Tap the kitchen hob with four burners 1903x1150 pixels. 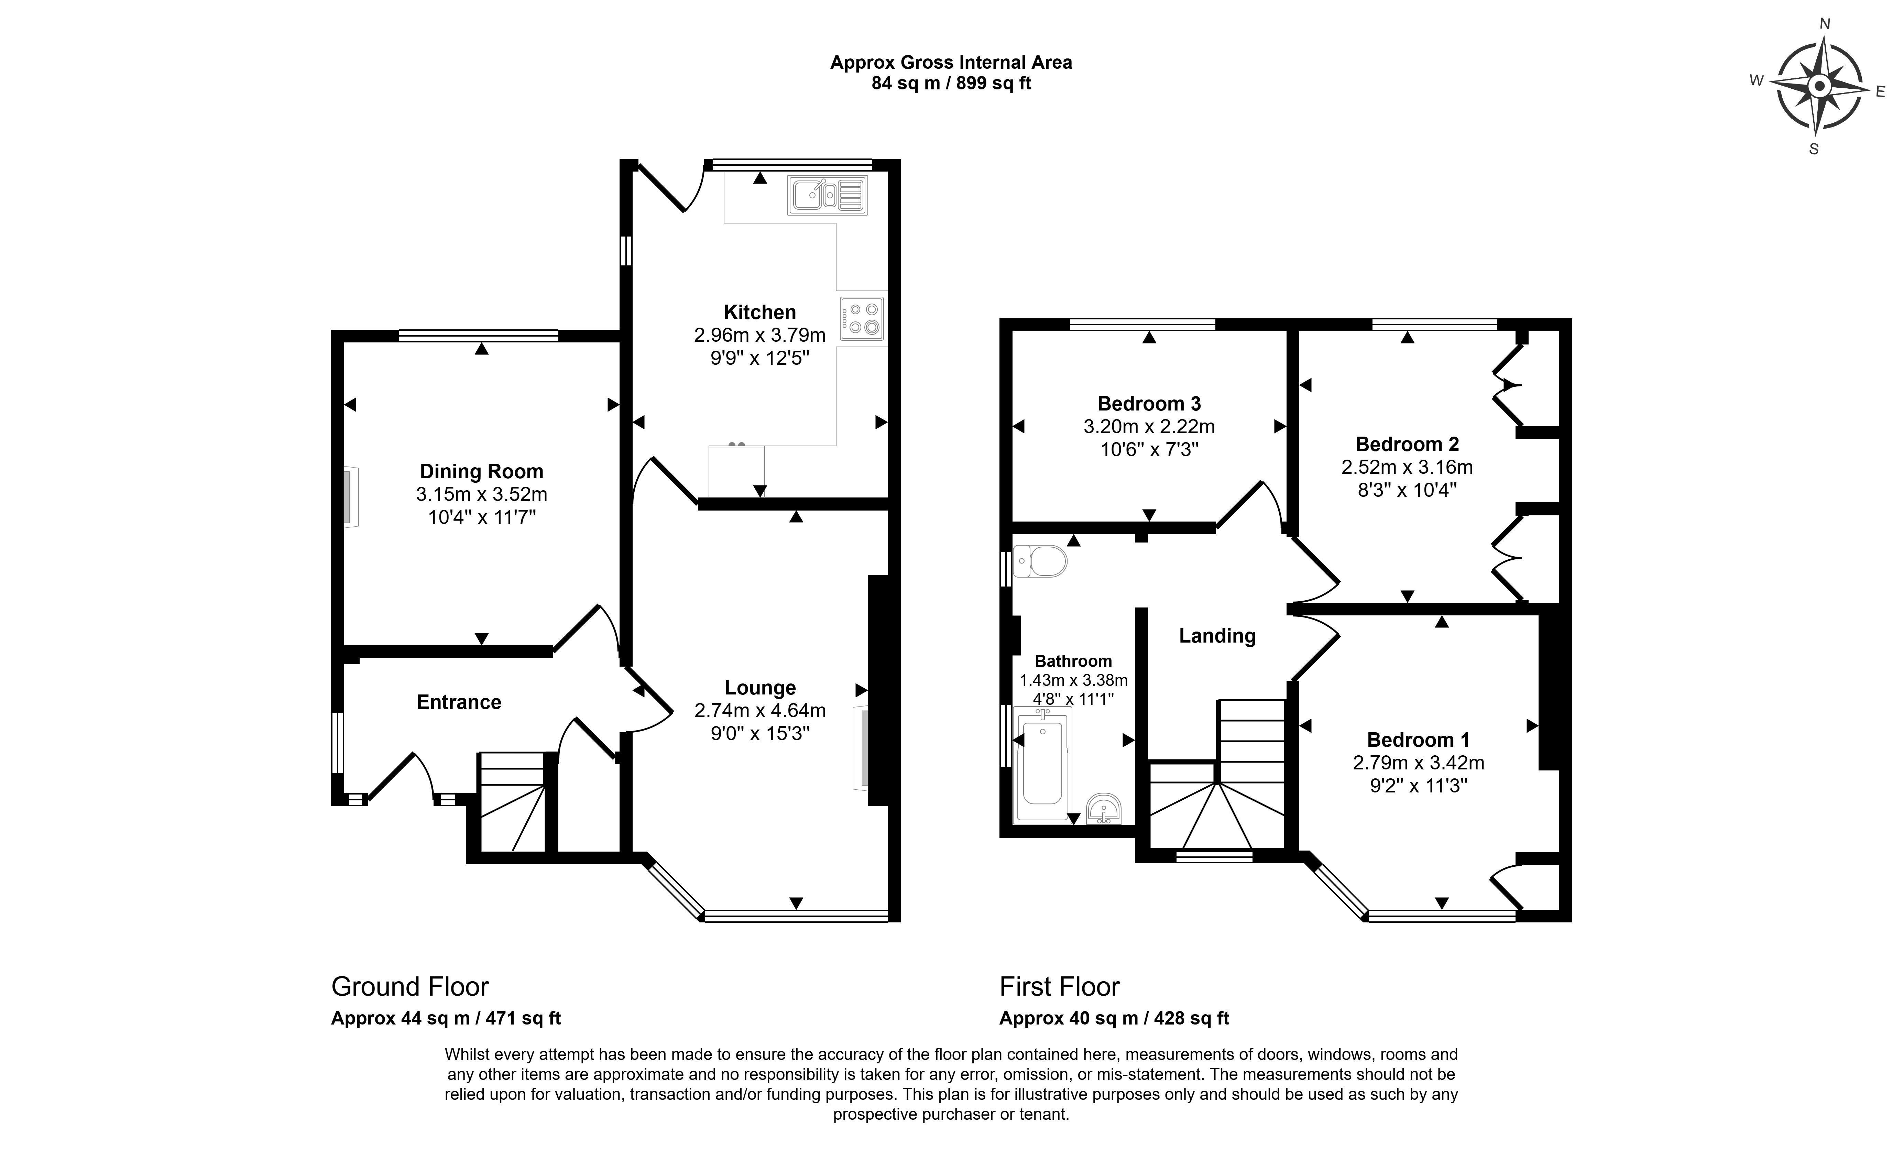(862, 318)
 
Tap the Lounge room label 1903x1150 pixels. (760, 687)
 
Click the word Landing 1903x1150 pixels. (1217, 636)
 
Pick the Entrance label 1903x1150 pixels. (459, 702)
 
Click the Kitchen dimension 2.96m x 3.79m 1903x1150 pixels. (760, 335)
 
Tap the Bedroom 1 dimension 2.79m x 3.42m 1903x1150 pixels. (1419, 763)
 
